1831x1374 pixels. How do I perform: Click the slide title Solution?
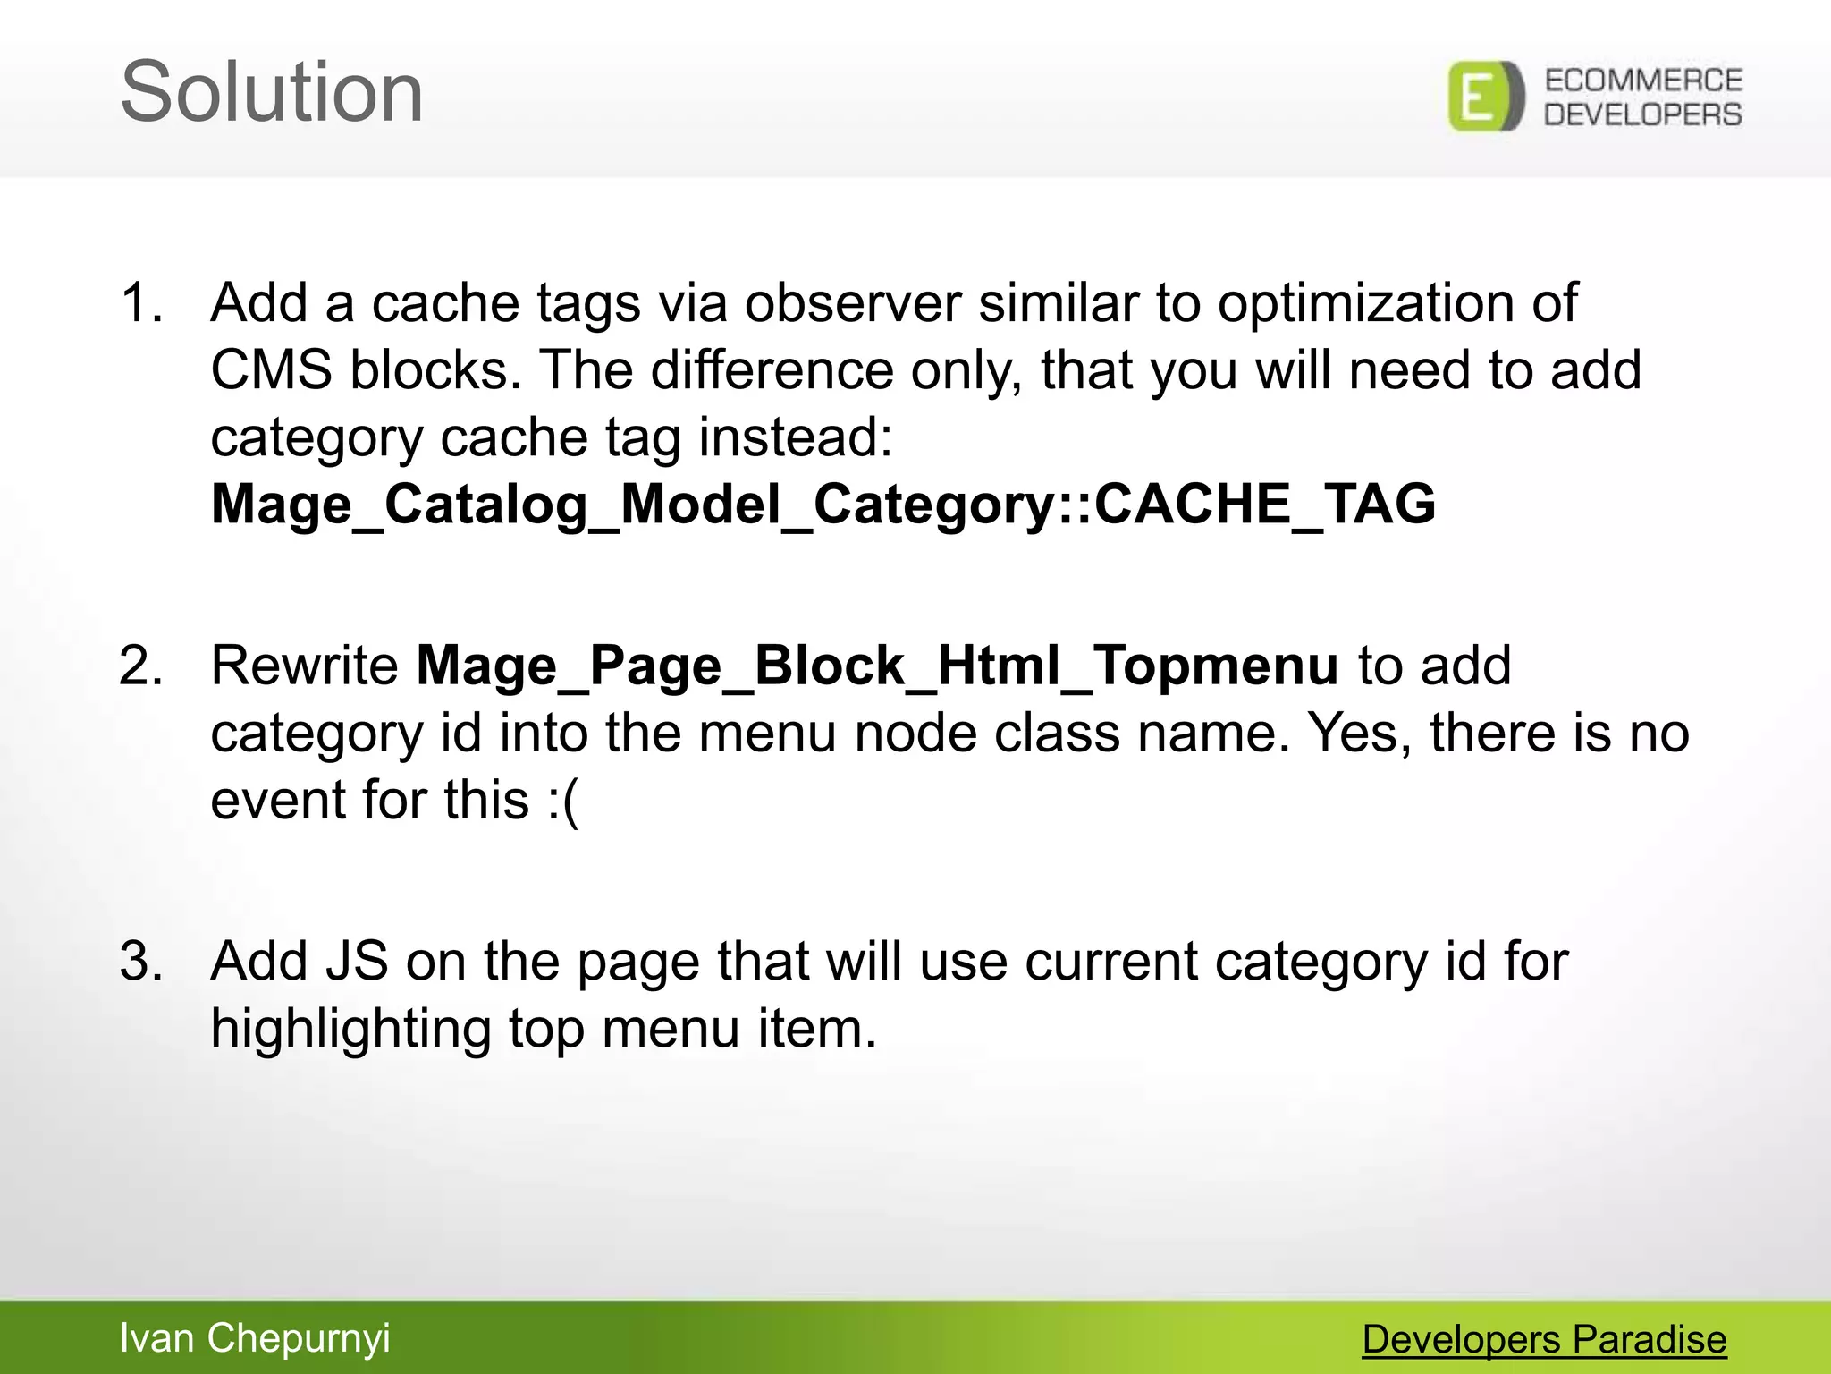click(272, 93)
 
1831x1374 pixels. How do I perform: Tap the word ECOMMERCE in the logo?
click(1643, 81)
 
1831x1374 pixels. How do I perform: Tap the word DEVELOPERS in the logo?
click(1643, 114)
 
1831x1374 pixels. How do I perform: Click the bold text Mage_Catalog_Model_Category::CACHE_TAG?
click(823, 505)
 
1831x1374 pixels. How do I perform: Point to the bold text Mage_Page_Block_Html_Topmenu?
click(877, 666)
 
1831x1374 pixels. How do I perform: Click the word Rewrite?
click(304, 666)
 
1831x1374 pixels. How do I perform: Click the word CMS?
click(271, 370)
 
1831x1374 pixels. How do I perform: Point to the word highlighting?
click(350, 1030)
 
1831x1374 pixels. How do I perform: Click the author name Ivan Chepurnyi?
click(255, 1338)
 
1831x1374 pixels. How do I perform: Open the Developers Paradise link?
click(1544, 1339)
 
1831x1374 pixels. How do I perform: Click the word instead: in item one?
click(795, 438)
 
